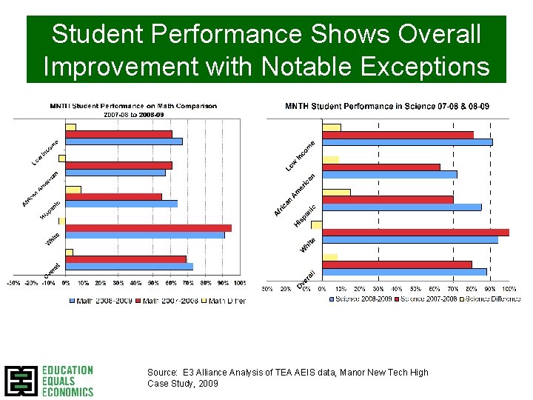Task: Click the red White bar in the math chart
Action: coord(148,228)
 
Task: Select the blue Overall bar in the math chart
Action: coord(129,267)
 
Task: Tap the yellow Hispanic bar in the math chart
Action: coord(73,190)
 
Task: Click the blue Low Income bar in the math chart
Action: coord(124,141)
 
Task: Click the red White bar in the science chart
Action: coord(415,232)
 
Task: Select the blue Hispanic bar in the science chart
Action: coord(401,207)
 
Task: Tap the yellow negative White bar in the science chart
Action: coord(316,224)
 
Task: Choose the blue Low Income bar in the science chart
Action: coord(406,142)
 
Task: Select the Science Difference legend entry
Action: coord(492,299)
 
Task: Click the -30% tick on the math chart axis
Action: coord(13,282)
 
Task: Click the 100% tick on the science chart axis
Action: coord(509,288)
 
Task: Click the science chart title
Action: coord(387,107)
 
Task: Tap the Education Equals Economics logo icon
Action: coord(21,381)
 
